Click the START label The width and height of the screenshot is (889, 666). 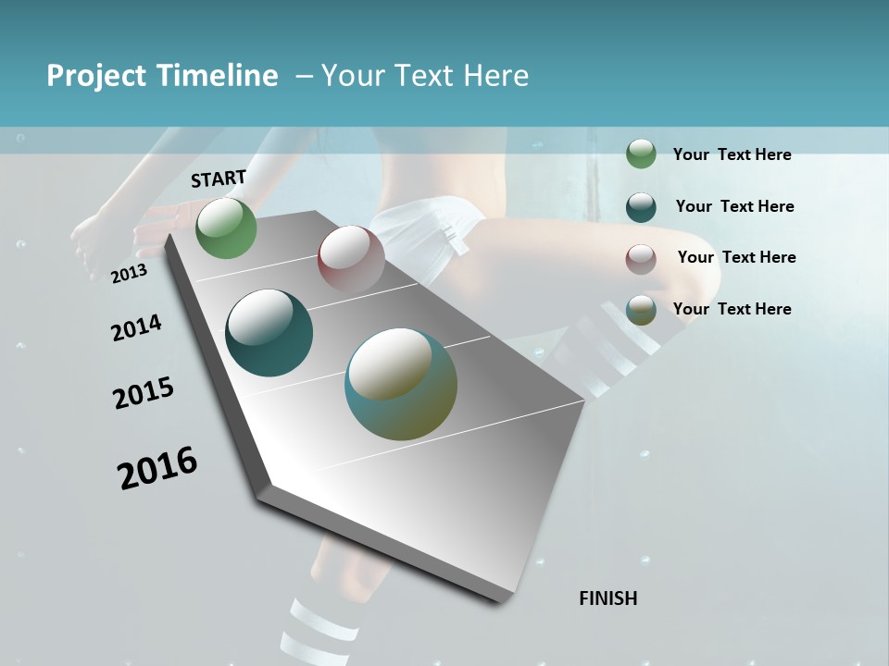(x=219, y=179)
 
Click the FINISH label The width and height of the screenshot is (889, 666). (x=608, y=598)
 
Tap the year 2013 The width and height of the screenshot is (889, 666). (x=129, y=274)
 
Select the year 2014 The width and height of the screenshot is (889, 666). (x=136, y=327)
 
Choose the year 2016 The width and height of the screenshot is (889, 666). (x=157, y=468)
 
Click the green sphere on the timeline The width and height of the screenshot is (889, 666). (x=227, y=228)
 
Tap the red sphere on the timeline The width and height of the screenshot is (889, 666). (x=351, y=258)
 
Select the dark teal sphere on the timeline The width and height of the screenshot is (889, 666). (x=269, y=333)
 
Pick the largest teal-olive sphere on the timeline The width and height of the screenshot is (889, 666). (x=401, y=384)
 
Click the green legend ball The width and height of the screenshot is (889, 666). (x=641, y=154)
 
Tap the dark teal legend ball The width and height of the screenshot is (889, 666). (x=641, y=206)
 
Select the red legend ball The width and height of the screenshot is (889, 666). (x=641, y=258)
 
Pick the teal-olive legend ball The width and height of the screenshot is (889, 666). (x=641, y=310)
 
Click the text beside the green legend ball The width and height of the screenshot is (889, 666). (x=732, y=154)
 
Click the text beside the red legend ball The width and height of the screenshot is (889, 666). (x=736, y=257)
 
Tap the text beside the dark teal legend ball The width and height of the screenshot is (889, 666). (x=734, y=206)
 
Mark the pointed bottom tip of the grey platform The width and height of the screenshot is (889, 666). (x=500, y=601)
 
